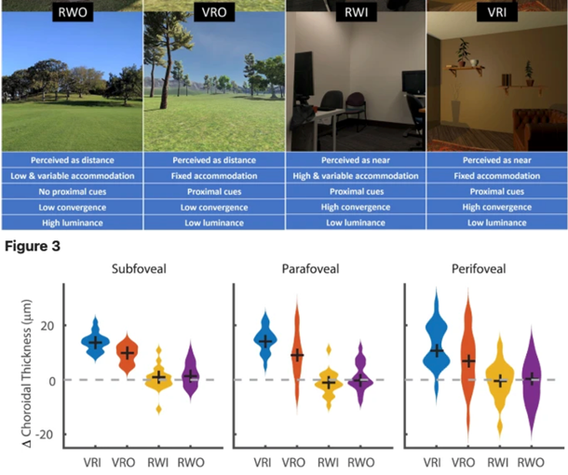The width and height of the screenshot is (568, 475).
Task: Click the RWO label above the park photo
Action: pos(72,16)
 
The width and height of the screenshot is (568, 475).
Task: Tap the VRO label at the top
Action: pos(213,16)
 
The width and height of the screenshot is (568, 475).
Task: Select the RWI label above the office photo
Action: pos(356,16)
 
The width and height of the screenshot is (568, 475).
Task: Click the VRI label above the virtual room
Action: pos(496,16)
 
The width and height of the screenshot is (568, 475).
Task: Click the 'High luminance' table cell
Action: pos(72,223)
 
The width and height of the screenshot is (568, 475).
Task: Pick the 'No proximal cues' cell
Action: pos(72,191)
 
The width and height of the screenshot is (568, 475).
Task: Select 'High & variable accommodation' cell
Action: pos(356,175)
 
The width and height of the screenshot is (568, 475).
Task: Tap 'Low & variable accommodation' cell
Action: pos(72,175)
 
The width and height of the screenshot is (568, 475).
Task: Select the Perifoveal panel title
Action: pos(484,271)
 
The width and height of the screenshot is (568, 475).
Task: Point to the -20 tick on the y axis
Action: pos(47,434)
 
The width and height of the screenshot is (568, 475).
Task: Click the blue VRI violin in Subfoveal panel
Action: pos(93,342)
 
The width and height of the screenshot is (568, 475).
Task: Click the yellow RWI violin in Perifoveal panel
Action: pos(501,380)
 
